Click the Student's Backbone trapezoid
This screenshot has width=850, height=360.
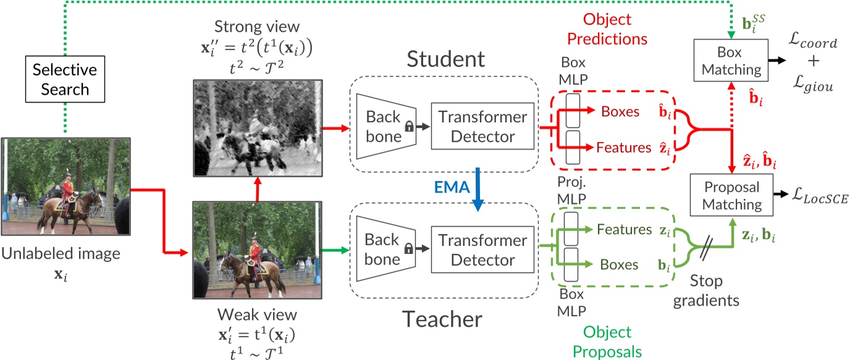click(383, 127)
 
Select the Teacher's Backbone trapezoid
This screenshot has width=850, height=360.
click(383, 249)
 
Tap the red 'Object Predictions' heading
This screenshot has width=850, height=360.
click(605, 29)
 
